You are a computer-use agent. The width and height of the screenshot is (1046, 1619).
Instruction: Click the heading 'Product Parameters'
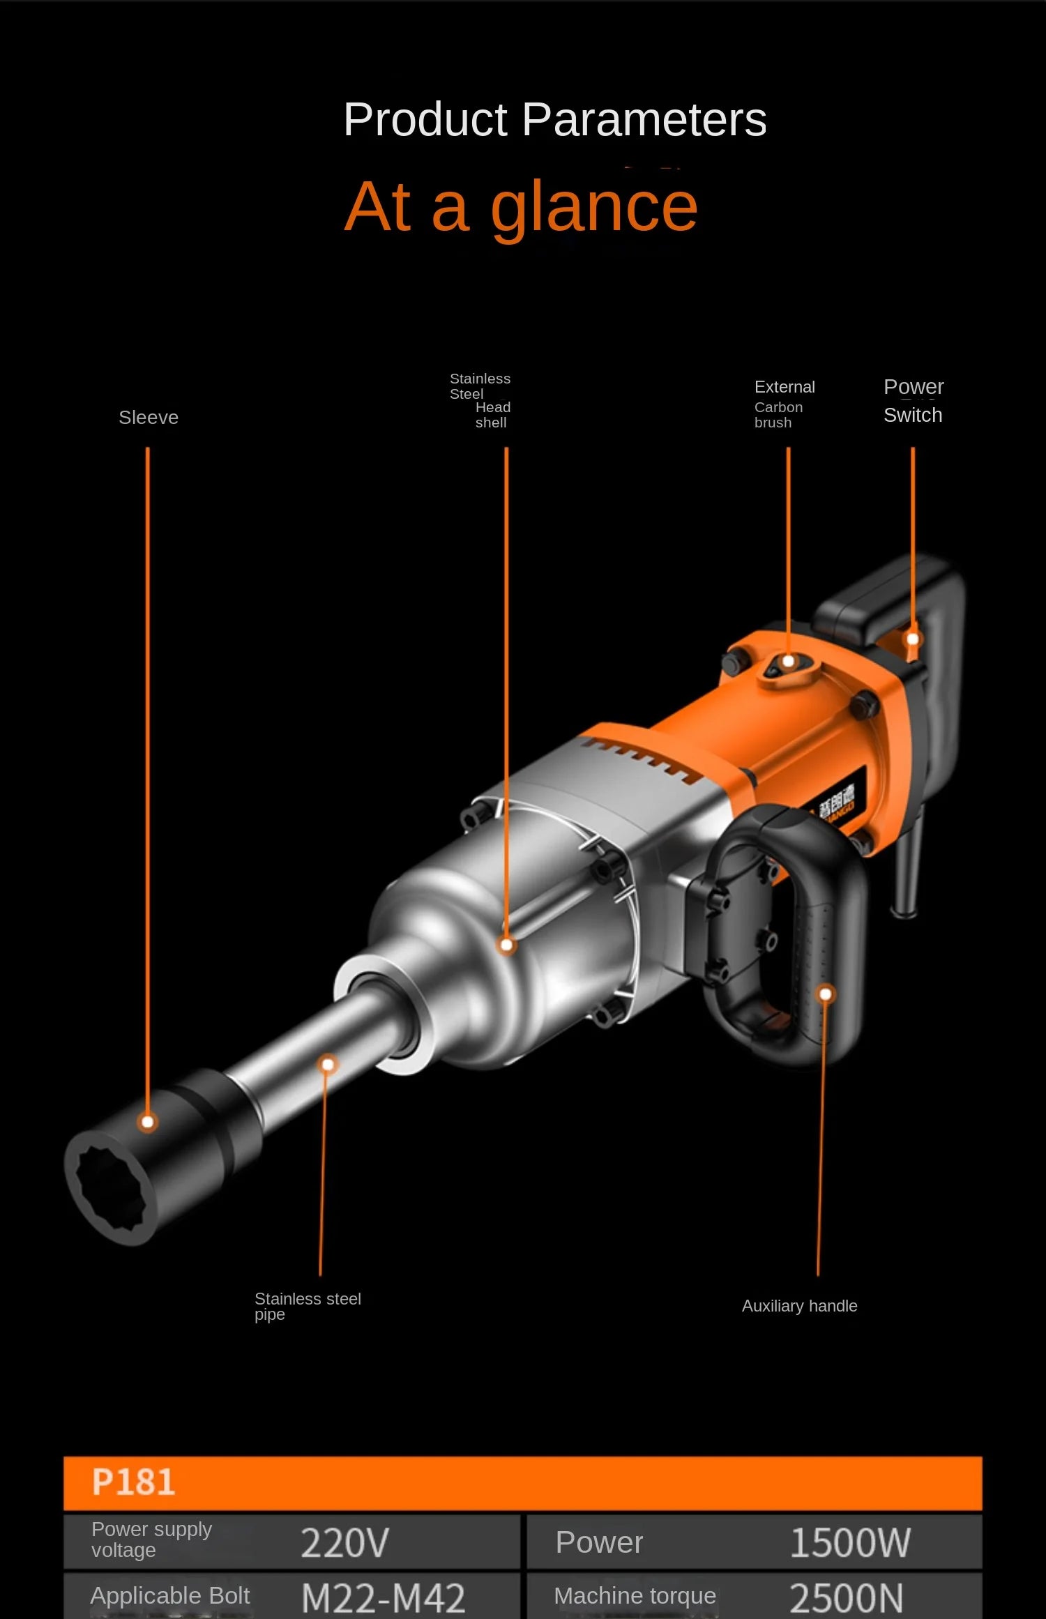point(554,120)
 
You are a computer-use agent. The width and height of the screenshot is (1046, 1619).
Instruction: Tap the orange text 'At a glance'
point(521,206)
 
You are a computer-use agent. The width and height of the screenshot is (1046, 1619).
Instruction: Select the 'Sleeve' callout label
point(149,418)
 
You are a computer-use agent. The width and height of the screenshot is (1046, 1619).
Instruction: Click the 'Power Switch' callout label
point(913,401)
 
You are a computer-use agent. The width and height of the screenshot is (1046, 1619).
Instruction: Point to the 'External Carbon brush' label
point(784,404)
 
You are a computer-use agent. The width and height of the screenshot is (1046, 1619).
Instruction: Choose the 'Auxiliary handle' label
point(799,1306)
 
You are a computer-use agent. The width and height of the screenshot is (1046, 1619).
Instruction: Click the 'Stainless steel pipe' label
point(307,1306)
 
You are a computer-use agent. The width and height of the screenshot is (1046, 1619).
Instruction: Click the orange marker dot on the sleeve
point(147,1122)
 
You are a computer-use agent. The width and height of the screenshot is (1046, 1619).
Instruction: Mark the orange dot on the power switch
point(912,639)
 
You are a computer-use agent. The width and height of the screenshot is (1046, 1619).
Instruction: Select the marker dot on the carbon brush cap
point(788,661)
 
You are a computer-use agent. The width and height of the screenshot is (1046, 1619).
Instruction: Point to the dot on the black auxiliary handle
point(825,994)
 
